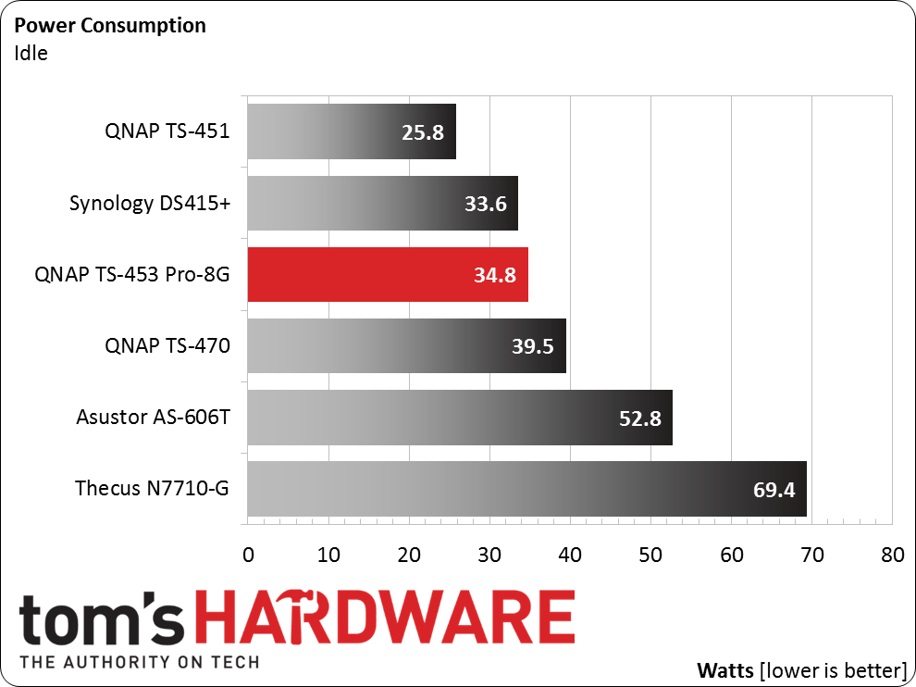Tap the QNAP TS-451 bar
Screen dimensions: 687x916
click(x=352, y=131)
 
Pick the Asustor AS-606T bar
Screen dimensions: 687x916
click(x=459, y=417)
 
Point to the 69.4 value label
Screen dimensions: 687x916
click(x=774, y=489)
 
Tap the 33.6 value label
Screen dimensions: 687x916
click(x=486, y=204)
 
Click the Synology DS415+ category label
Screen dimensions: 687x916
click(x=150, y=203)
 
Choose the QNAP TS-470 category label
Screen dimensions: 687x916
click(x=167, y=345)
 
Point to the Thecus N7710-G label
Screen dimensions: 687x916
click(x=152, y=488)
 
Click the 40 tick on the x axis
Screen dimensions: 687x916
click(x=570, y=556)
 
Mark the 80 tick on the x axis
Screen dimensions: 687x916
click(x=892, y=556)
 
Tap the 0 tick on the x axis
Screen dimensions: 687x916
click(x=248, y=556)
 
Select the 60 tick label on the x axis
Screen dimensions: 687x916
click(x=731, y=556)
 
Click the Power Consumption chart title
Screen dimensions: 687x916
click(x=110, y=25)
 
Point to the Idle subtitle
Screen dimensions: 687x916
click(x=31, y=53)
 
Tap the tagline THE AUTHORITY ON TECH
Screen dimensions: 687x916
click(x=139, y=662)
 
